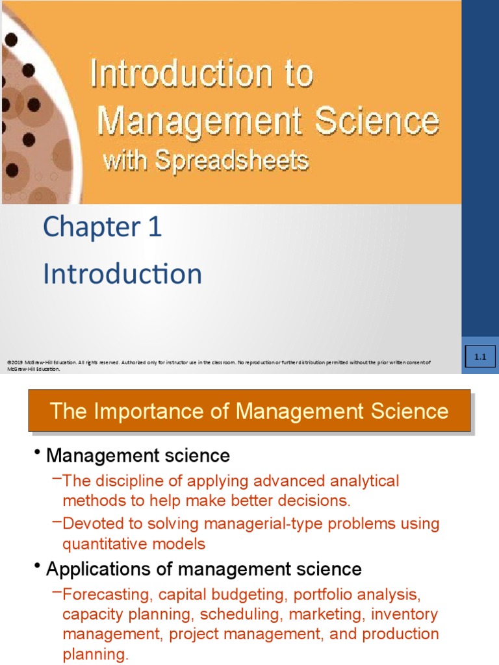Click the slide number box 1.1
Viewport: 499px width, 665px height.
[481, 357]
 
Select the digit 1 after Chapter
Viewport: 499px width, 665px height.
[154, 227]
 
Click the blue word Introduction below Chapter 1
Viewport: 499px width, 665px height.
[122, 274]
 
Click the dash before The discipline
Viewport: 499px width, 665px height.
[57, 479]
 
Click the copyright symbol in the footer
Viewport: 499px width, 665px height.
[8, 362]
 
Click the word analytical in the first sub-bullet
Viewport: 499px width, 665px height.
[360, 481]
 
